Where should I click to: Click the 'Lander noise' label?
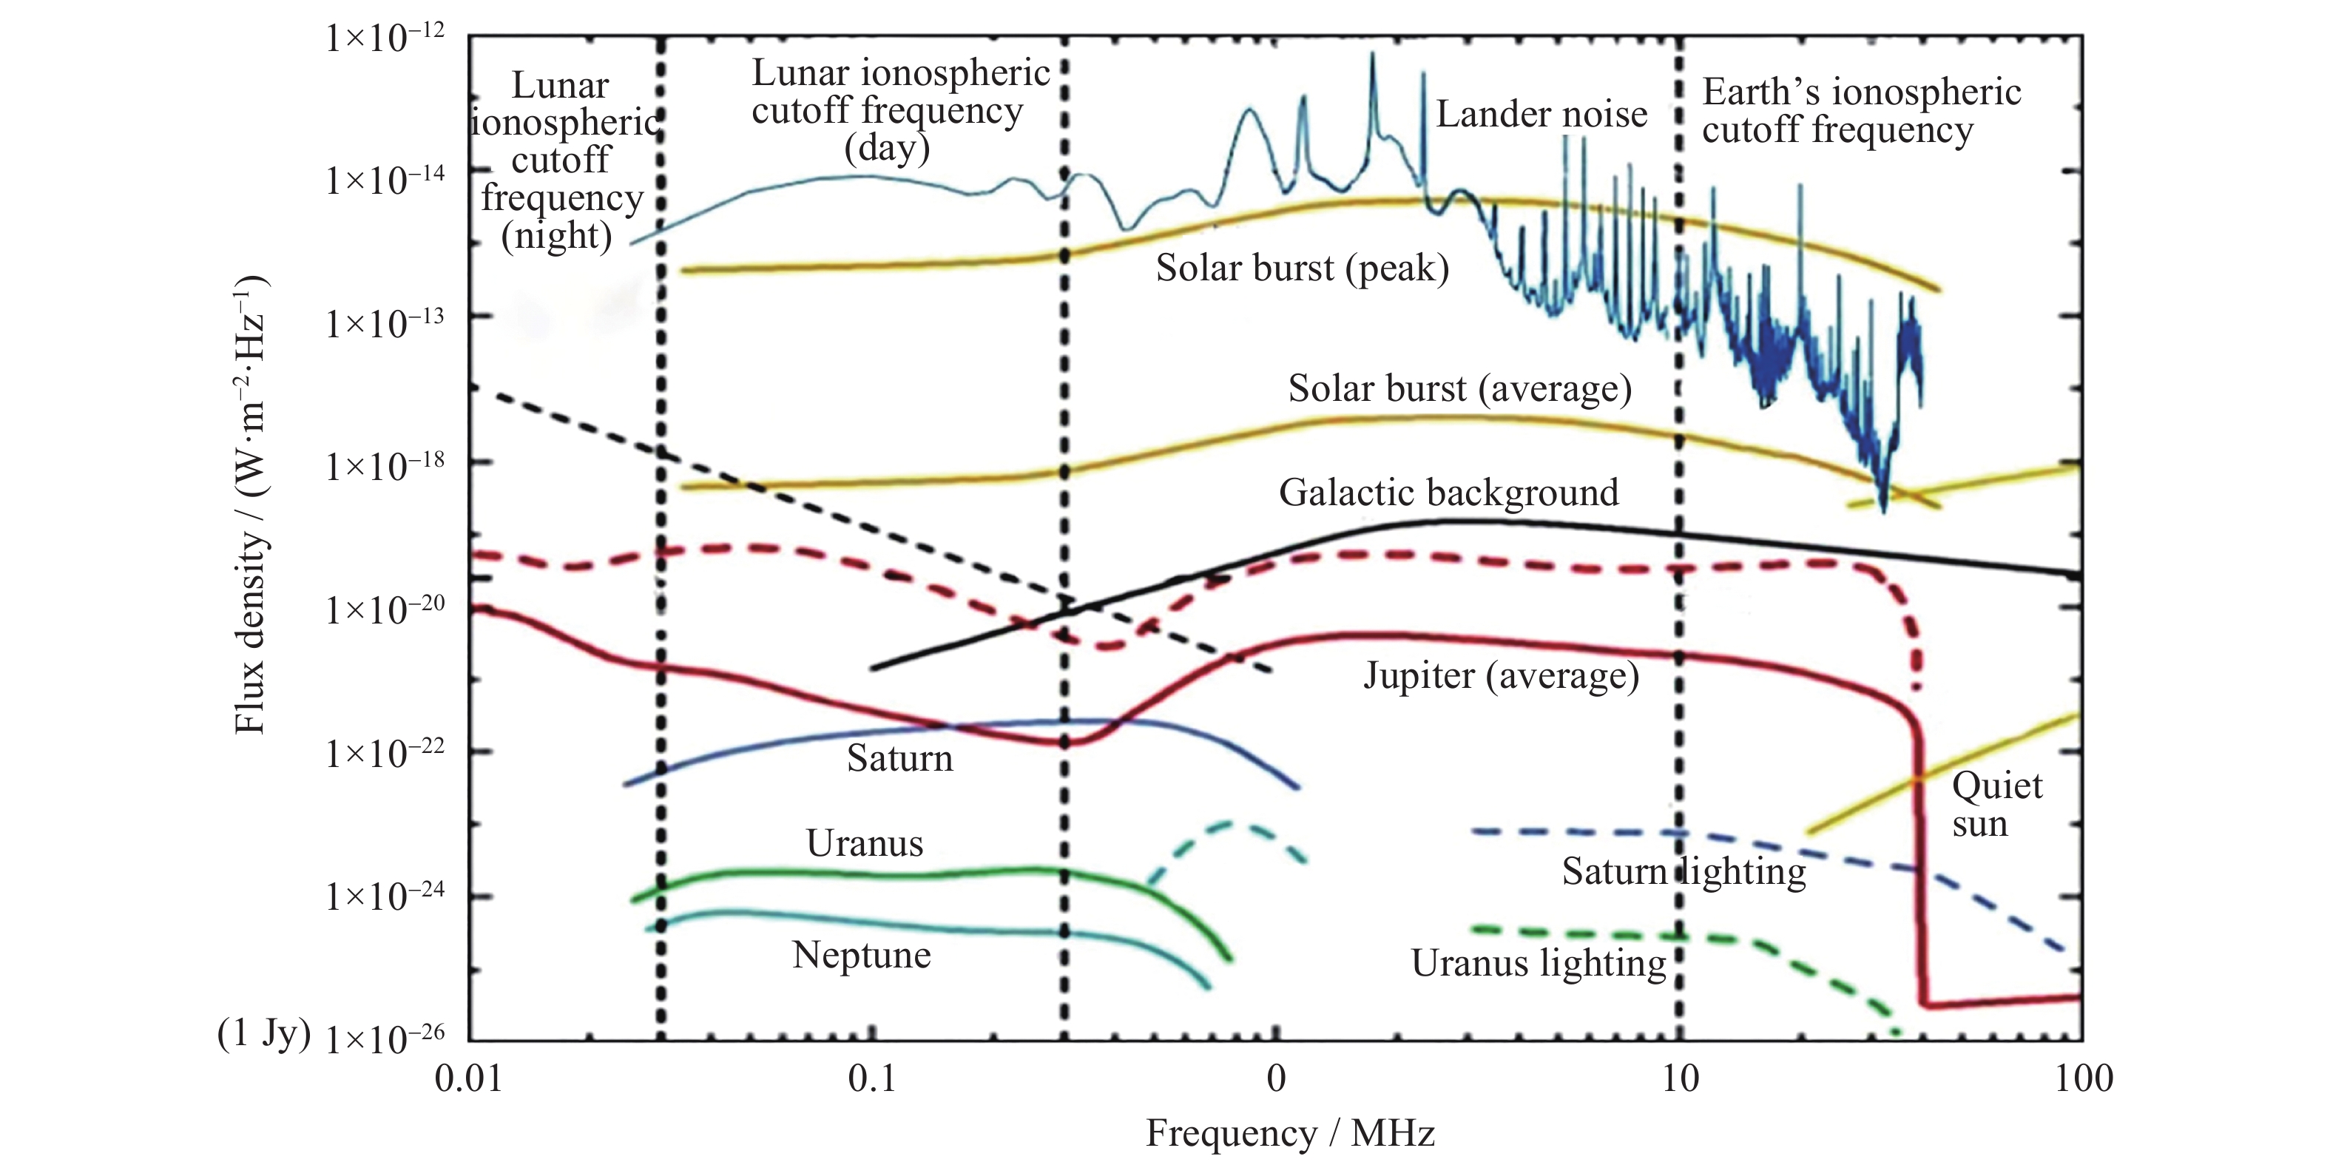click(1541, 115)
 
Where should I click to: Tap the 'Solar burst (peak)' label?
click(1303, 268)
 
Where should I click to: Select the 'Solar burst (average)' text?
click(1460, 389)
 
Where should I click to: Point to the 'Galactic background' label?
click(1448, 493)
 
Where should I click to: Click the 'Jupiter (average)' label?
click(1501, 675)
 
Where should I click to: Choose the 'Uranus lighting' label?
click(1539, 964)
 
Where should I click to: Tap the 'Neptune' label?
click(861, 955)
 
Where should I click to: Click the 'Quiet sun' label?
click(1996, 805)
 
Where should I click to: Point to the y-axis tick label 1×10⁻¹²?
click(385, 39)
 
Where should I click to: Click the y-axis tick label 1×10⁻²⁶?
click(385, 1039)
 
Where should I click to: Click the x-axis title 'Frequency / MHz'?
click(1290, 1133)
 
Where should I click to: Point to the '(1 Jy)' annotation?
click(263, 1033)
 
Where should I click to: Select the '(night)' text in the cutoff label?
click(556, 236)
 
